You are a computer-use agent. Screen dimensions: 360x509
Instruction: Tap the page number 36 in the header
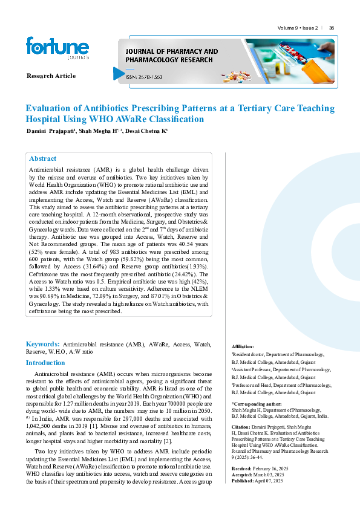(332, 28)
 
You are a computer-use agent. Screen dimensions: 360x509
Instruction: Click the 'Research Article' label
(51, 76)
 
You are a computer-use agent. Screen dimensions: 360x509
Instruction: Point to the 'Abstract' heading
(43, 158)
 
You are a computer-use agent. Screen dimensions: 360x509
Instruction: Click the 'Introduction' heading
(45, 363)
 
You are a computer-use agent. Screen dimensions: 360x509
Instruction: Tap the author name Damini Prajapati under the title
(48, 131)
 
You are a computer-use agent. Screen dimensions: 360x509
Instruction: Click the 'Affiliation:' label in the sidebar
(243, 346)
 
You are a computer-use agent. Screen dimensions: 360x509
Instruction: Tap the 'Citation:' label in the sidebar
(242, 427)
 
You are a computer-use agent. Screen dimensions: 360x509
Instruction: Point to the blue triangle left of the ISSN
(118, 73)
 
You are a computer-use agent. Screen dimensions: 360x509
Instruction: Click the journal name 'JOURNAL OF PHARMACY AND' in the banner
(171, 51)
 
